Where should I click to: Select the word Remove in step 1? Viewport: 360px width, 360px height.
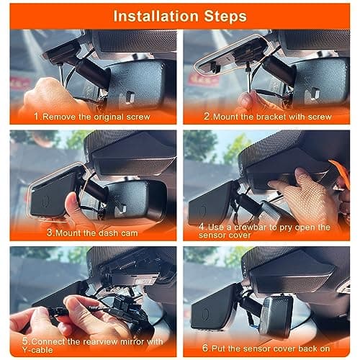coord(60,115)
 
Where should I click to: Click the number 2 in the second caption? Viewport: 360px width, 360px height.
coord(206,115)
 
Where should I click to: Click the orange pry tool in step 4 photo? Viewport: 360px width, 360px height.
coord(338,170)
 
